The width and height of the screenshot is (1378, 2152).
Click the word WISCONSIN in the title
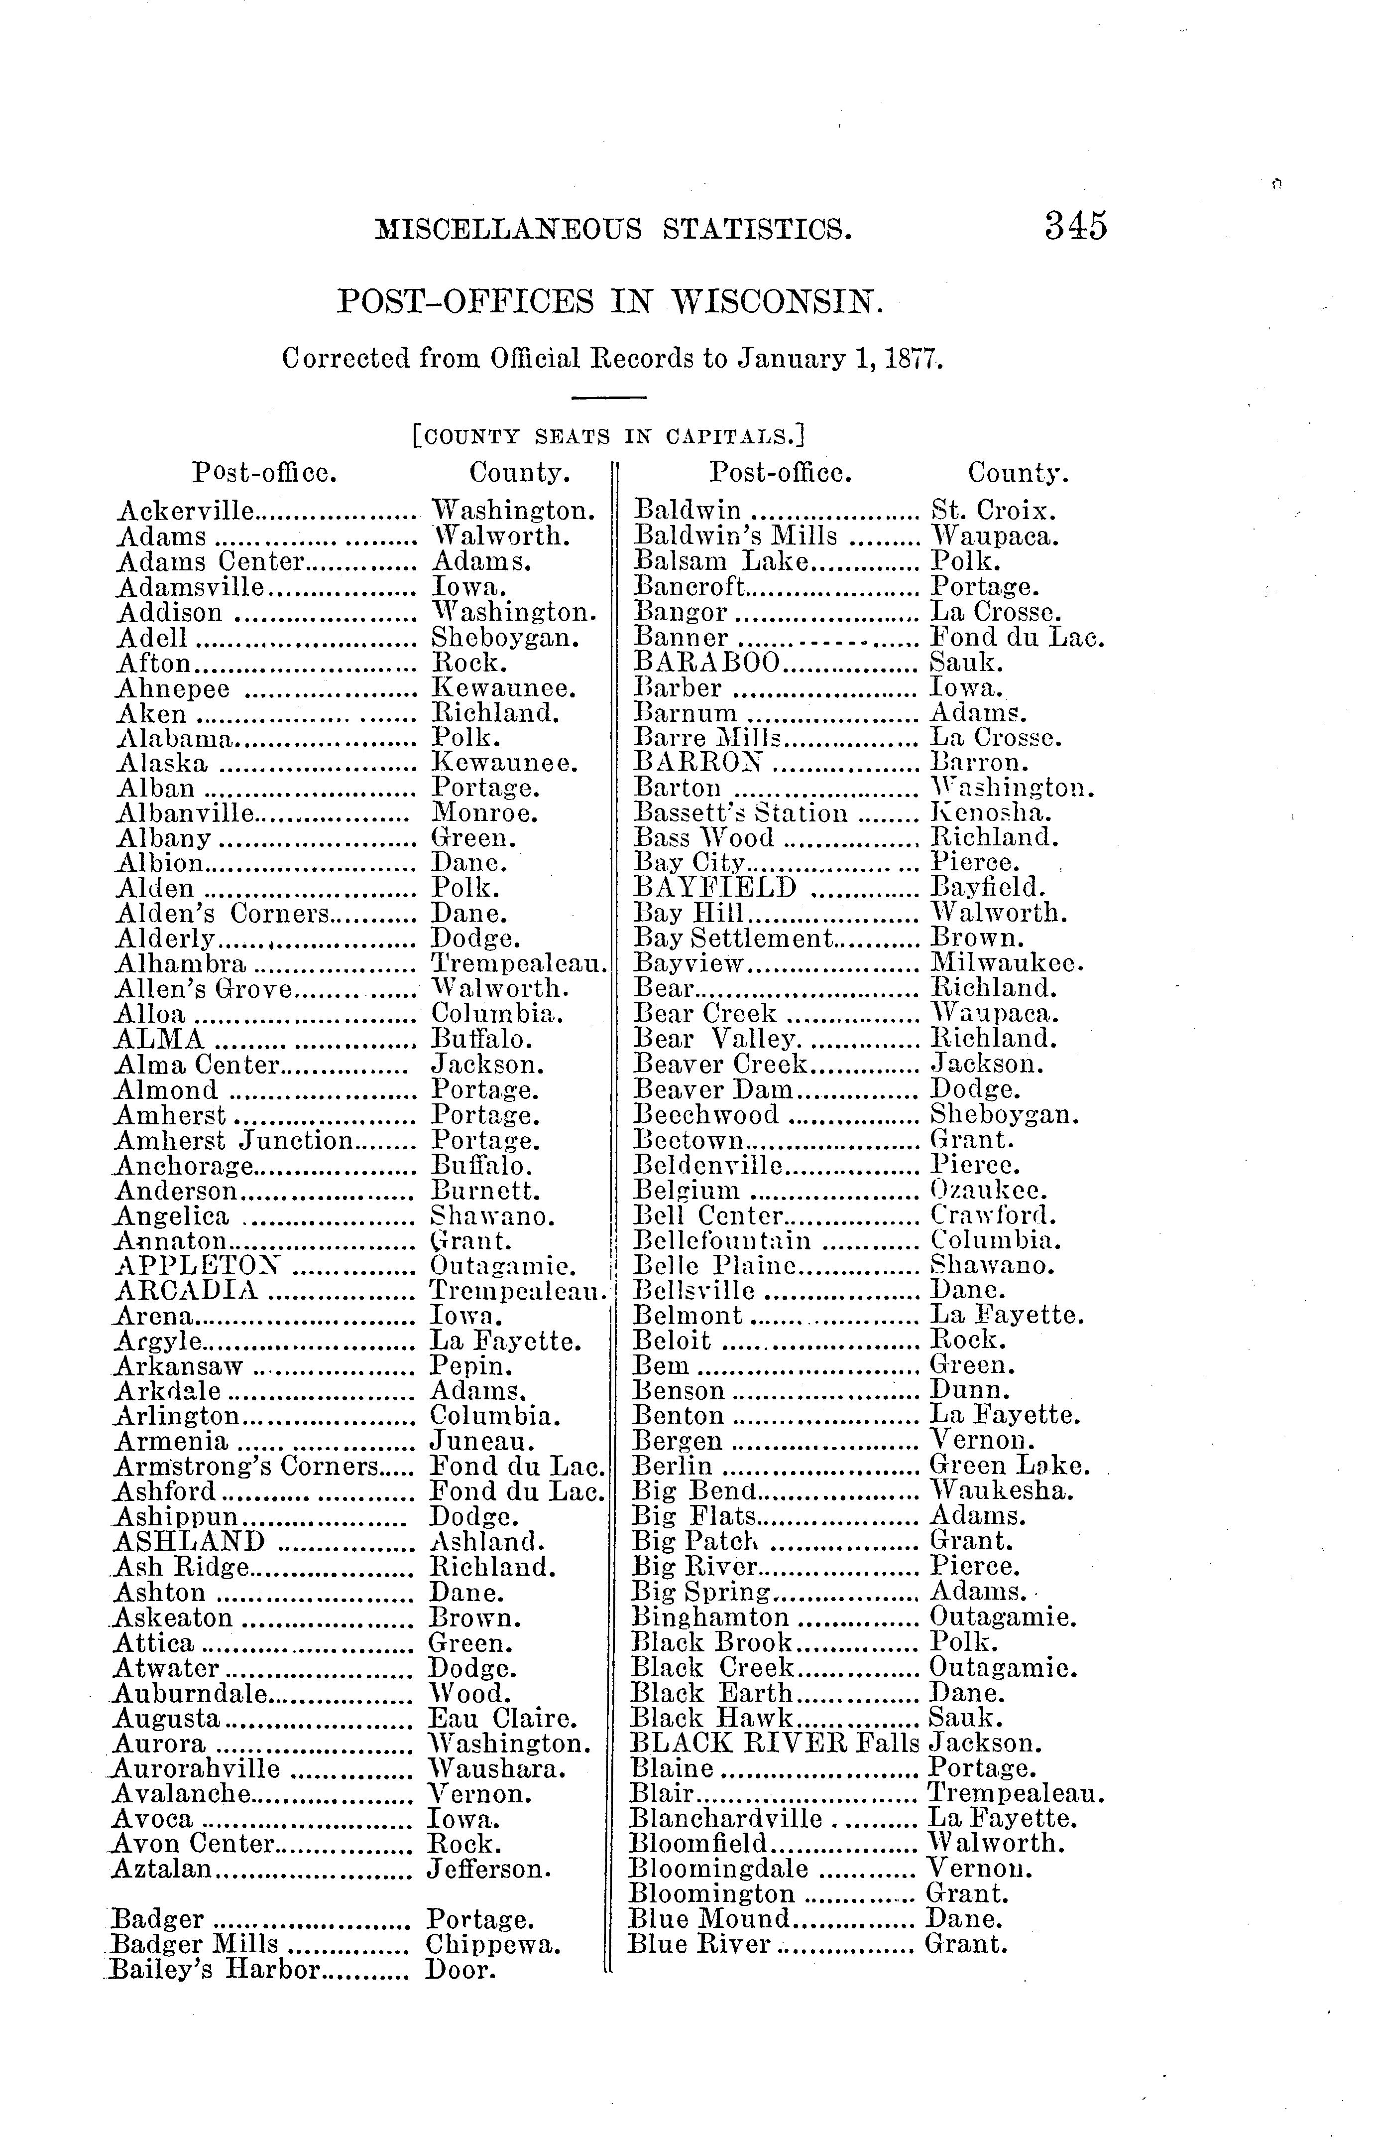pos(776,302)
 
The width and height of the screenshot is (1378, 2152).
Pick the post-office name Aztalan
pos(162,1869)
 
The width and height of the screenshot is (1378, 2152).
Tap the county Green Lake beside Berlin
pos(1009,1466)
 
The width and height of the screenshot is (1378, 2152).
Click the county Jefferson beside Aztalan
pos(488,1869)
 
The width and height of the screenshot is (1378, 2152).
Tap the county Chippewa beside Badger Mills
pos(493,1944)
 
